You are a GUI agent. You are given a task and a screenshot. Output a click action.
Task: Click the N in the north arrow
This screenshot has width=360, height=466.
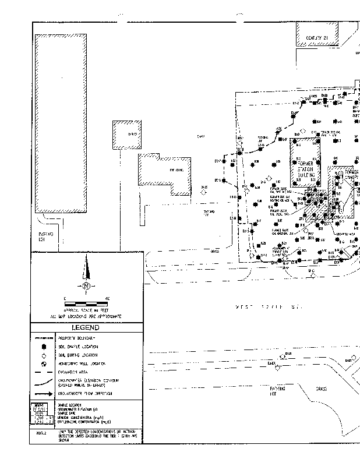(86, 286)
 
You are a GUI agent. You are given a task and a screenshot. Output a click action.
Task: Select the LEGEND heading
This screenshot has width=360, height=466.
(86, 327)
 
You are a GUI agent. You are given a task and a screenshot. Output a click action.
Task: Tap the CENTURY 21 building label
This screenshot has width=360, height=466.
(317, 38)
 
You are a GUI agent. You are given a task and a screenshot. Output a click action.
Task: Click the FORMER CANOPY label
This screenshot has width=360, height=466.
(352, 176)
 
